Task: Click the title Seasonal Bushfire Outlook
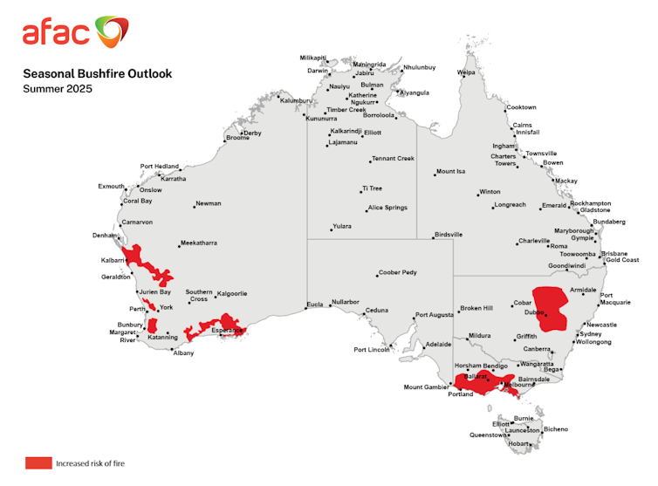click(x=97, y=73)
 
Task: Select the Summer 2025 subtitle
click(x=57, y=89)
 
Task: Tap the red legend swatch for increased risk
click(x=38, y=462)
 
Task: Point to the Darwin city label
click(x=318, y=71)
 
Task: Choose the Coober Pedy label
click(x=397, y=272)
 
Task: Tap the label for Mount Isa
click(x=451, y=171)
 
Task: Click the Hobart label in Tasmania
click(x=517, y=443)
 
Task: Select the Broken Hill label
click(x=476, y=308)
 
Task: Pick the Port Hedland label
click(x=159, y=166)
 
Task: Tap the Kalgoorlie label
click(x=232, y=293)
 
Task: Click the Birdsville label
click(x=448, y=235)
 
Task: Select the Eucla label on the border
click(x=314, y=305)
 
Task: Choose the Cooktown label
click(x=521, y=107)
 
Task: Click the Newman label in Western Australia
click(x=208, y=203)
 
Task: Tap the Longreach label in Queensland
click(x=510, y=205)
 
